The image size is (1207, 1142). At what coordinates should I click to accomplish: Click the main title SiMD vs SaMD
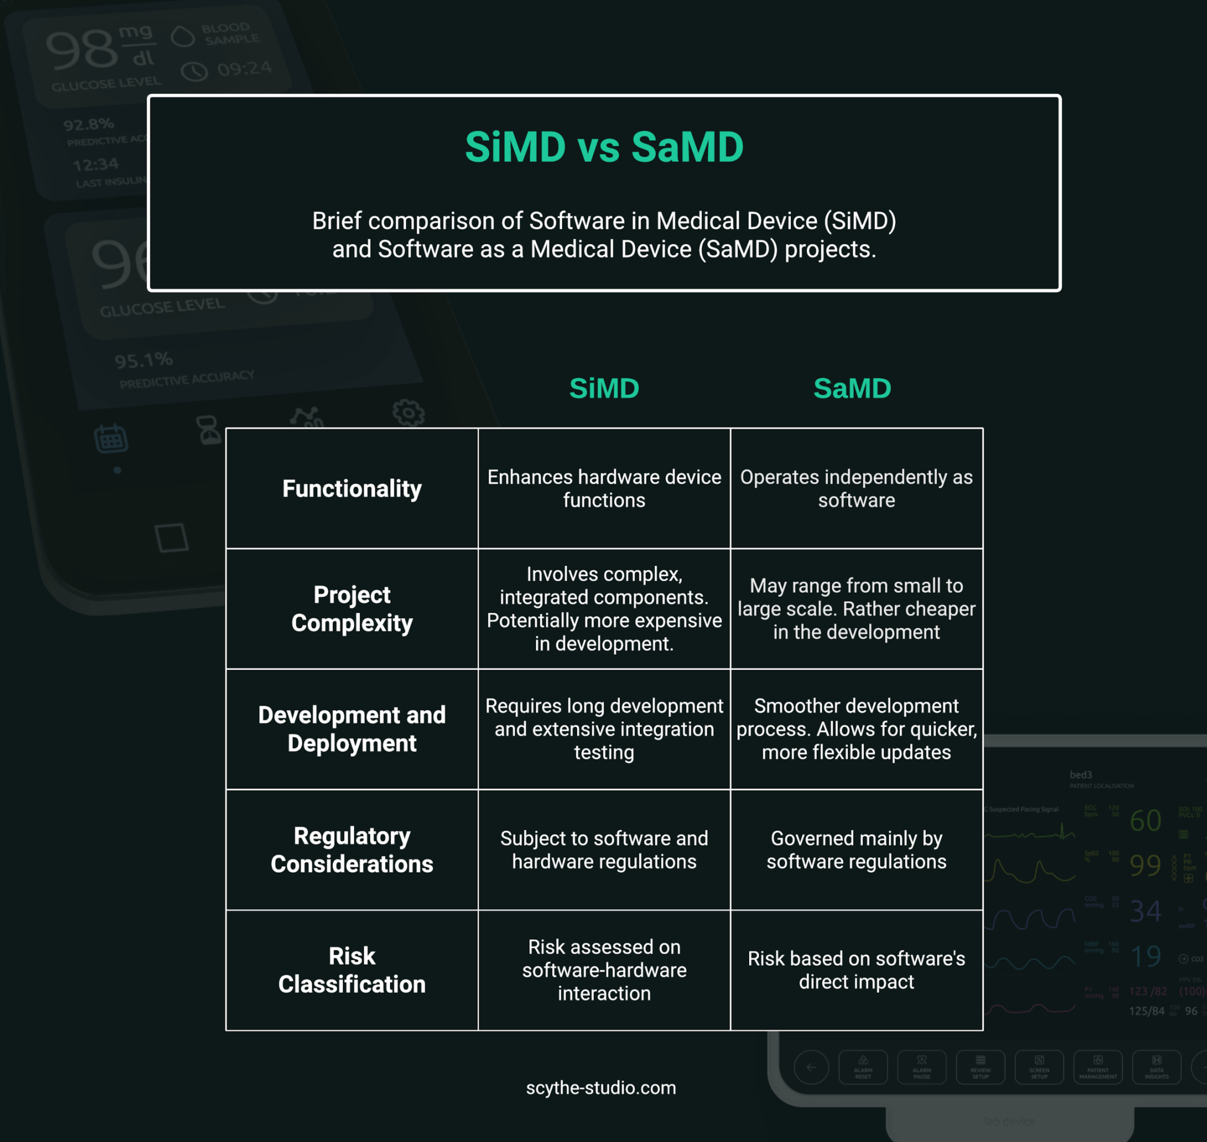click(604, 147)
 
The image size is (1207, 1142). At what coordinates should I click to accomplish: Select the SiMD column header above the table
click(604, 388)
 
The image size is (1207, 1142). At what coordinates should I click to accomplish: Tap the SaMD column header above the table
click(852, 388)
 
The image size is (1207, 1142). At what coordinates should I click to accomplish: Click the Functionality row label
click(352, 489)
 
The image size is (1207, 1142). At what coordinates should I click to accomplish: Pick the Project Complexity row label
click(352, 609)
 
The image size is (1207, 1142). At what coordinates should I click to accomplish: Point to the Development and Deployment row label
click(352, 729)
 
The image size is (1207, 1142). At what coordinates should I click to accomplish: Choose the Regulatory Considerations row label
click(352, 850)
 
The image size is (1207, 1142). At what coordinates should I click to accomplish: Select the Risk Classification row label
click(352, 970)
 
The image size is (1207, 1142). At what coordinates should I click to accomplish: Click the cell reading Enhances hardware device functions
click(604, 489)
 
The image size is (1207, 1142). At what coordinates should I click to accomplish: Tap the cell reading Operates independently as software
click(856, 489)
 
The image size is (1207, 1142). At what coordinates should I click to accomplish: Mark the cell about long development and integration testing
click(604, 729)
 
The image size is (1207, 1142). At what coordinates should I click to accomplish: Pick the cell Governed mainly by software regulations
click(856, 850)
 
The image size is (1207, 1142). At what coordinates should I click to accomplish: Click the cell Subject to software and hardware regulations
click(604, 850)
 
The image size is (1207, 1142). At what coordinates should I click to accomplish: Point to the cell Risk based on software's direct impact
click(856, 970)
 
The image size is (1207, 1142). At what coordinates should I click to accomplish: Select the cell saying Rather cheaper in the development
click(856, 609)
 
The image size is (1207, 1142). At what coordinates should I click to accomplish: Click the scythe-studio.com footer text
click(601, 1087)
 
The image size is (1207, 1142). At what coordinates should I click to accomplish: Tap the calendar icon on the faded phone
click(111, 438)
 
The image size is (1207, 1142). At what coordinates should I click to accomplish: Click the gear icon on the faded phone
click(408, 413)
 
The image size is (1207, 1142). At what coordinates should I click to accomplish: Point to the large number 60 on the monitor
click(1145, 821)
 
